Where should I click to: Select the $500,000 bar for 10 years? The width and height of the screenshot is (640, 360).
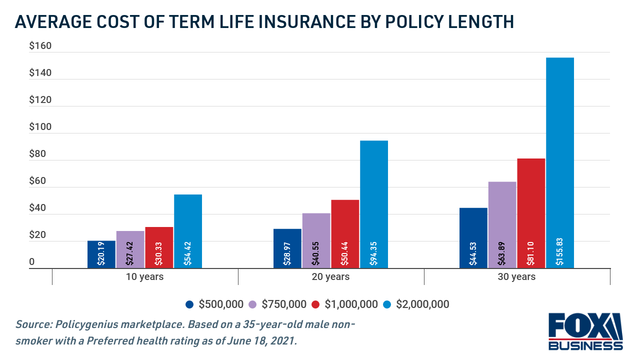101,254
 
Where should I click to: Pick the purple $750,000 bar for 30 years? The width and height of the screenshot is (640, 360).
502,225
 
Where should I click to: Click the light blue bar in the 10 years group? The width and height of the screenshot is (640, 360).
188,231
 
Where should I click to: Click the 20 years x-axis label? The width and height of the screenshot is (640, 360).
330,276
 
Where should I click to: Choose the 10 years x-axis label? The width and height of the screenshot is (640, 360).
144,276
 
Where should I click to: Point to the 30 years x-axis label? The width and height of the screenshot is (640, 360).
516,276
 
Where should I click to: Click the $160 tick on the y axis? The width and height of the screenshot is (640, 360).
40,46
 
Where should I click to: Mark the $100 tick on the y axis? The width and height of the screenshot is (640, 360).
40,127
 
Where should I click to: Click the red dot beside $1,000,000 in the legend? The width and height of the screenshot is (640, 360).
315,304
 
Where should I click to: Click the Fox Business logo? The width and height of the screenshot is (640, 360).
585,331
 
